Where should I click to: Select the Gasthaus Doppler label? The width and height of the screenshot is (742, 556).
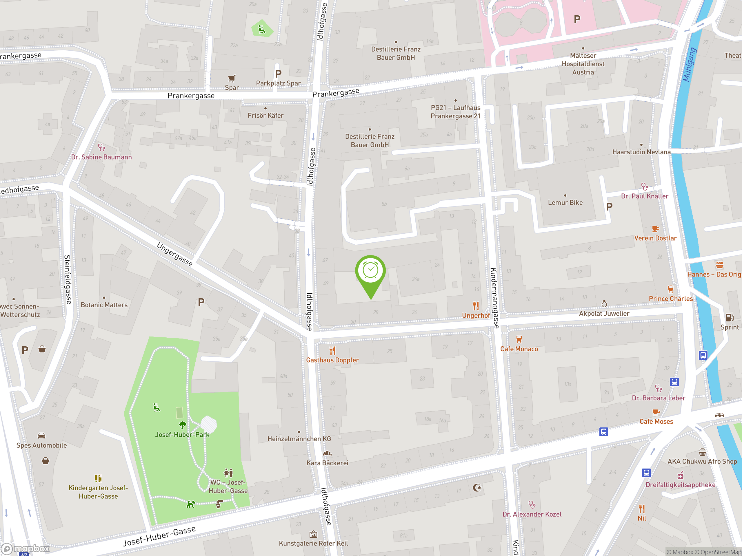pyautogui.click(x=332, y=360)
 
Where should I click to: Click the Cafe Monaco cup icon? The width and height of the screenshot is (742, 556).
pyautogui.click(x=519, y=339)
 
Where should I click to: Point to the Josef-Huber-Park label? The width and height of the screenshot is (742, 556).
pyautogui.click(x=182, y=435)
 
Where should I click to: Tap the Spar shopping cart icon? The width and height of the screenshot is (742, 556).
pyautogui.click(x=232, y=79)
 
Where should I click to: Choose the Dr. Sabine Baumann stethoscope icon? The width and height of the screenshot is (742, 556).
pyautogui.click(x=101, y=147)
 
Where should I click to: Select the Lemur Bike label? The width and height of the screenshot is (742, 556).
pyautogui.click(x=565, y=202)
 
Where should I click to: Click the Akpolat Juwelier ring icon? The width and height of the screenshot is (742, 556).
pyautogui.click(x=604, y=304)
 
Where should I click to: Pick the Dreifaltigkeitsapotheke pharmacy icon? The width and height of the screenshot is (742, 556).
pyautogui.click(x=680, y=475)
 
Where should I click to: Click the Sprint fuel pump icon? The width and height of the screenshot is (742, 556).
pyautogui.click(x=729, y=317)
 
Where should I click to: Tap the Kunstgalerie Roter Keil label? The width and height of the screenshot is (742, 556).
pyautogui.click(x=313, y=543)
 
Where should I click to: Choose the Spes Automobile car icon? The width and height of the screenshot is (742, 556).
pyautogui.click(x=41, y=436)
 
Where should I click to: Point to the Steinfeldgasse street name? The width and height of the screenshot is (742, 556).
pyautogui.click(x=68, y=279)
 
